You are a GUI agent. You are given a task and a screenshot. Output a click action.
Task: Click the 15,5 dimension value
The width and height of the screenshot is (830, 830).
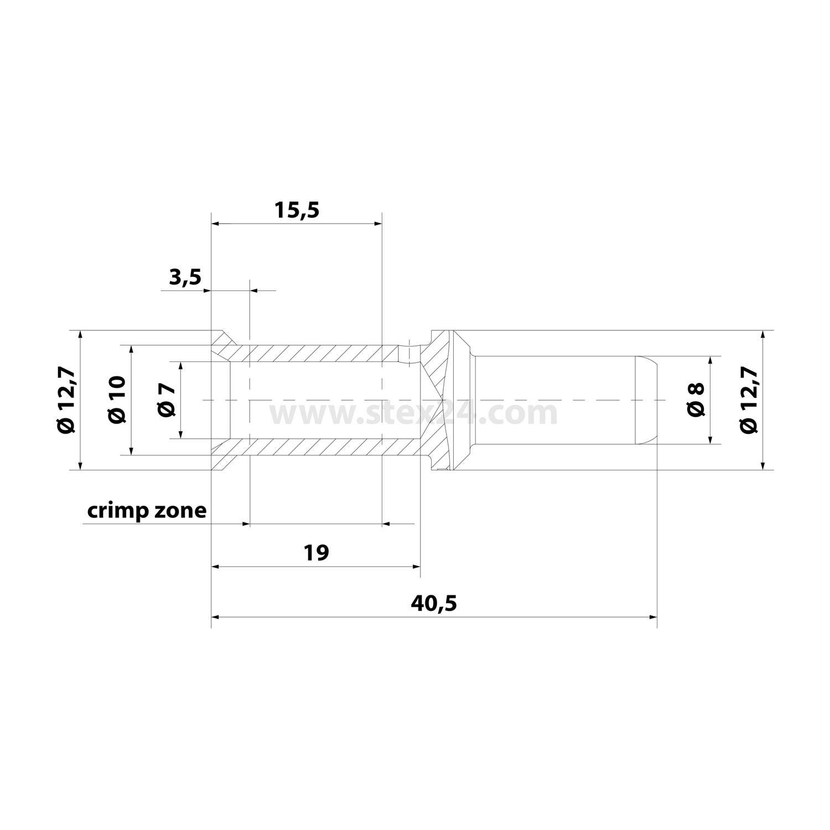(297, 210)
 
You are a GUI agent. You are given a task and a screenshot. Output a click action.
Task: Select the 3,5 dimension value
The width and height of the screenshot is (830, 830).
(185, 277)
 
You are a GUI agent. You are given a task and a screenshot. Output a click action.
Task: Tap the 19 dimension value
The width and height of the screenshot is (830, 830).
(317, 552)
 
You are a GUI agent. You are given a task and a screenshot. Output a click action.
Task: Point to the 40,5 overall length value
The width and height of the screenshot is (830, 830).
(434, 603)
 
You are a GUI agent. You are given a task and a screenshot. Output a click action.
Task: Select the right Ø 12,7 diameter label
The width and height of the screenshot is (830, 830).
(748, 400)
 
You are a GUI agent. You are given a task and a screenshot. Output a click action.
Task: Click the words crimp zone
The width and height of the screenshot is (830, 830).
(147, 510)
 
